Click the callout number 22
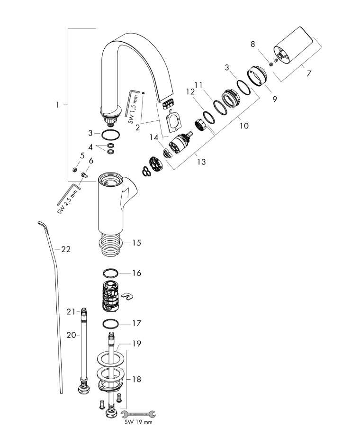[66, 249]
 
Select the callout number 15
[136, 243]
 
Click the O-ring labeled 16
[110, 273]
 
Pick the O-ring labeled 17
[110, 324]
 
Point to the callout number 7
[309, 73]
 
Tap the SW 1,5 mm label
[135, 106]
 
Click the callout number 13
[201, 162]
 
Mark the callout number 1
[58, 105]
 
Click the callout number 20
[71, 335]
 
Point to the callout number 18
[136, 379]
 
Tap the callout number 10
[244, 126]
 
